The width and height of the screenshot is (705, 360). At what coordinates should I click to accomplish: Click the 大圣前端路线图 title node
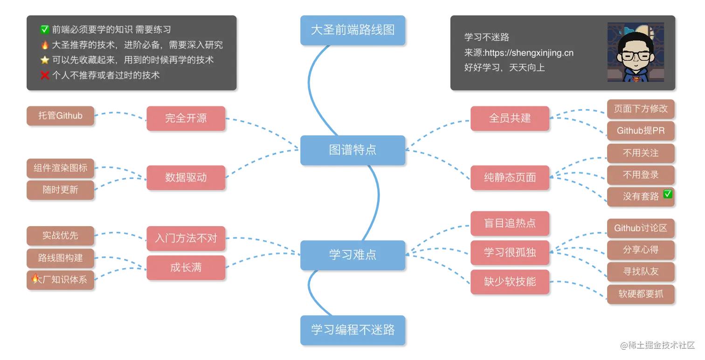[352, 30]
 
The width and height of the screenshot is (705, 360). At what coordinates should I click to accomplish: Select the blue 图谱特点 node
[352, 150]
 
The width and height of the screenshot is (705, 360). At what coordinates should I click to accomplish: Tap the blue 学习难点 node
[352, 255]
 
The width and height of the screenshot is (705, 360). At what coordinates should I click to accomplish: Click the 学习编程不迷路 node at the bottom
[352, 330]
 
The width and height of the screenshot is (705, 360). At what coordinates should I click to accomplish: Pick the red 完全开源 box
[185, 118]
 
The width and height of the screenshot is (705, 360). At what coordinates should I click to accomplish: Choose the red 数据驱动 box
[185, 177]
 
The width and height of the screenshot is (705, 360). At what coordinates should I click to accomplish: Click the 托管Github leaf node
[60, 116]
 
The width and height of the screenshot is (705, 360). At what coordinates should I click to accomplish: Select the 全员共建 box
[509, 118]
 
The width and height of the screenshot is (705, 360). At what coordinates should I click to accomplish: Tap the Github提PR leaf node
[640, 131]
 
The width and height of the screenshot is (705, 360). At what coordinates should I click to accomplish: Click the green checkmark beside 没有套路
[668, 194]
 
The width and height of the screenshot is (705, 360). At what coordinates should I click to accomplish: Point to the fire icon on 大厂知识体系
[35, 279]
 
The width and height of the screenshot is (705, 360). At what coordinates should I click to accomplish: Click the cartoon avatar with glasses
[635, 52]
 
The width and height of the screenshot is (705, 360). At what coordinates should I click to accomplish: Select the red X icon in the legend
[45, 75]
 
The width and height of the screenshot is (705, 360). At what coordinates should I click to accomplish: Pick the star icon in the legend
[45, 60]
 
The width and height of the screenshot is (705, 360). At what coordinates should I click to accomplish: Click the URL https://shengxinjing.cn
[529, 53]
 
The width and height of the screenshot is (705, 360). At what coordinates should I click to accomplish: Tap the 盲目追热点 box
[509, 223]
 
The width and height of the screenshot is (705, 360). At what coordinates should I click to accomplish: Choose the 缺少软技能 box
[509, 282]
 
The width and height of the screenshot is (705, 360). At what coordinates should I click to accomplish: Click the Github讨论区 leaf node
[640, 228]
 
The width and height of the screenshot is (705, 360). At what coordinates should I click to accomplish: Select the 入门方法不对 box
[185, 238]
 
